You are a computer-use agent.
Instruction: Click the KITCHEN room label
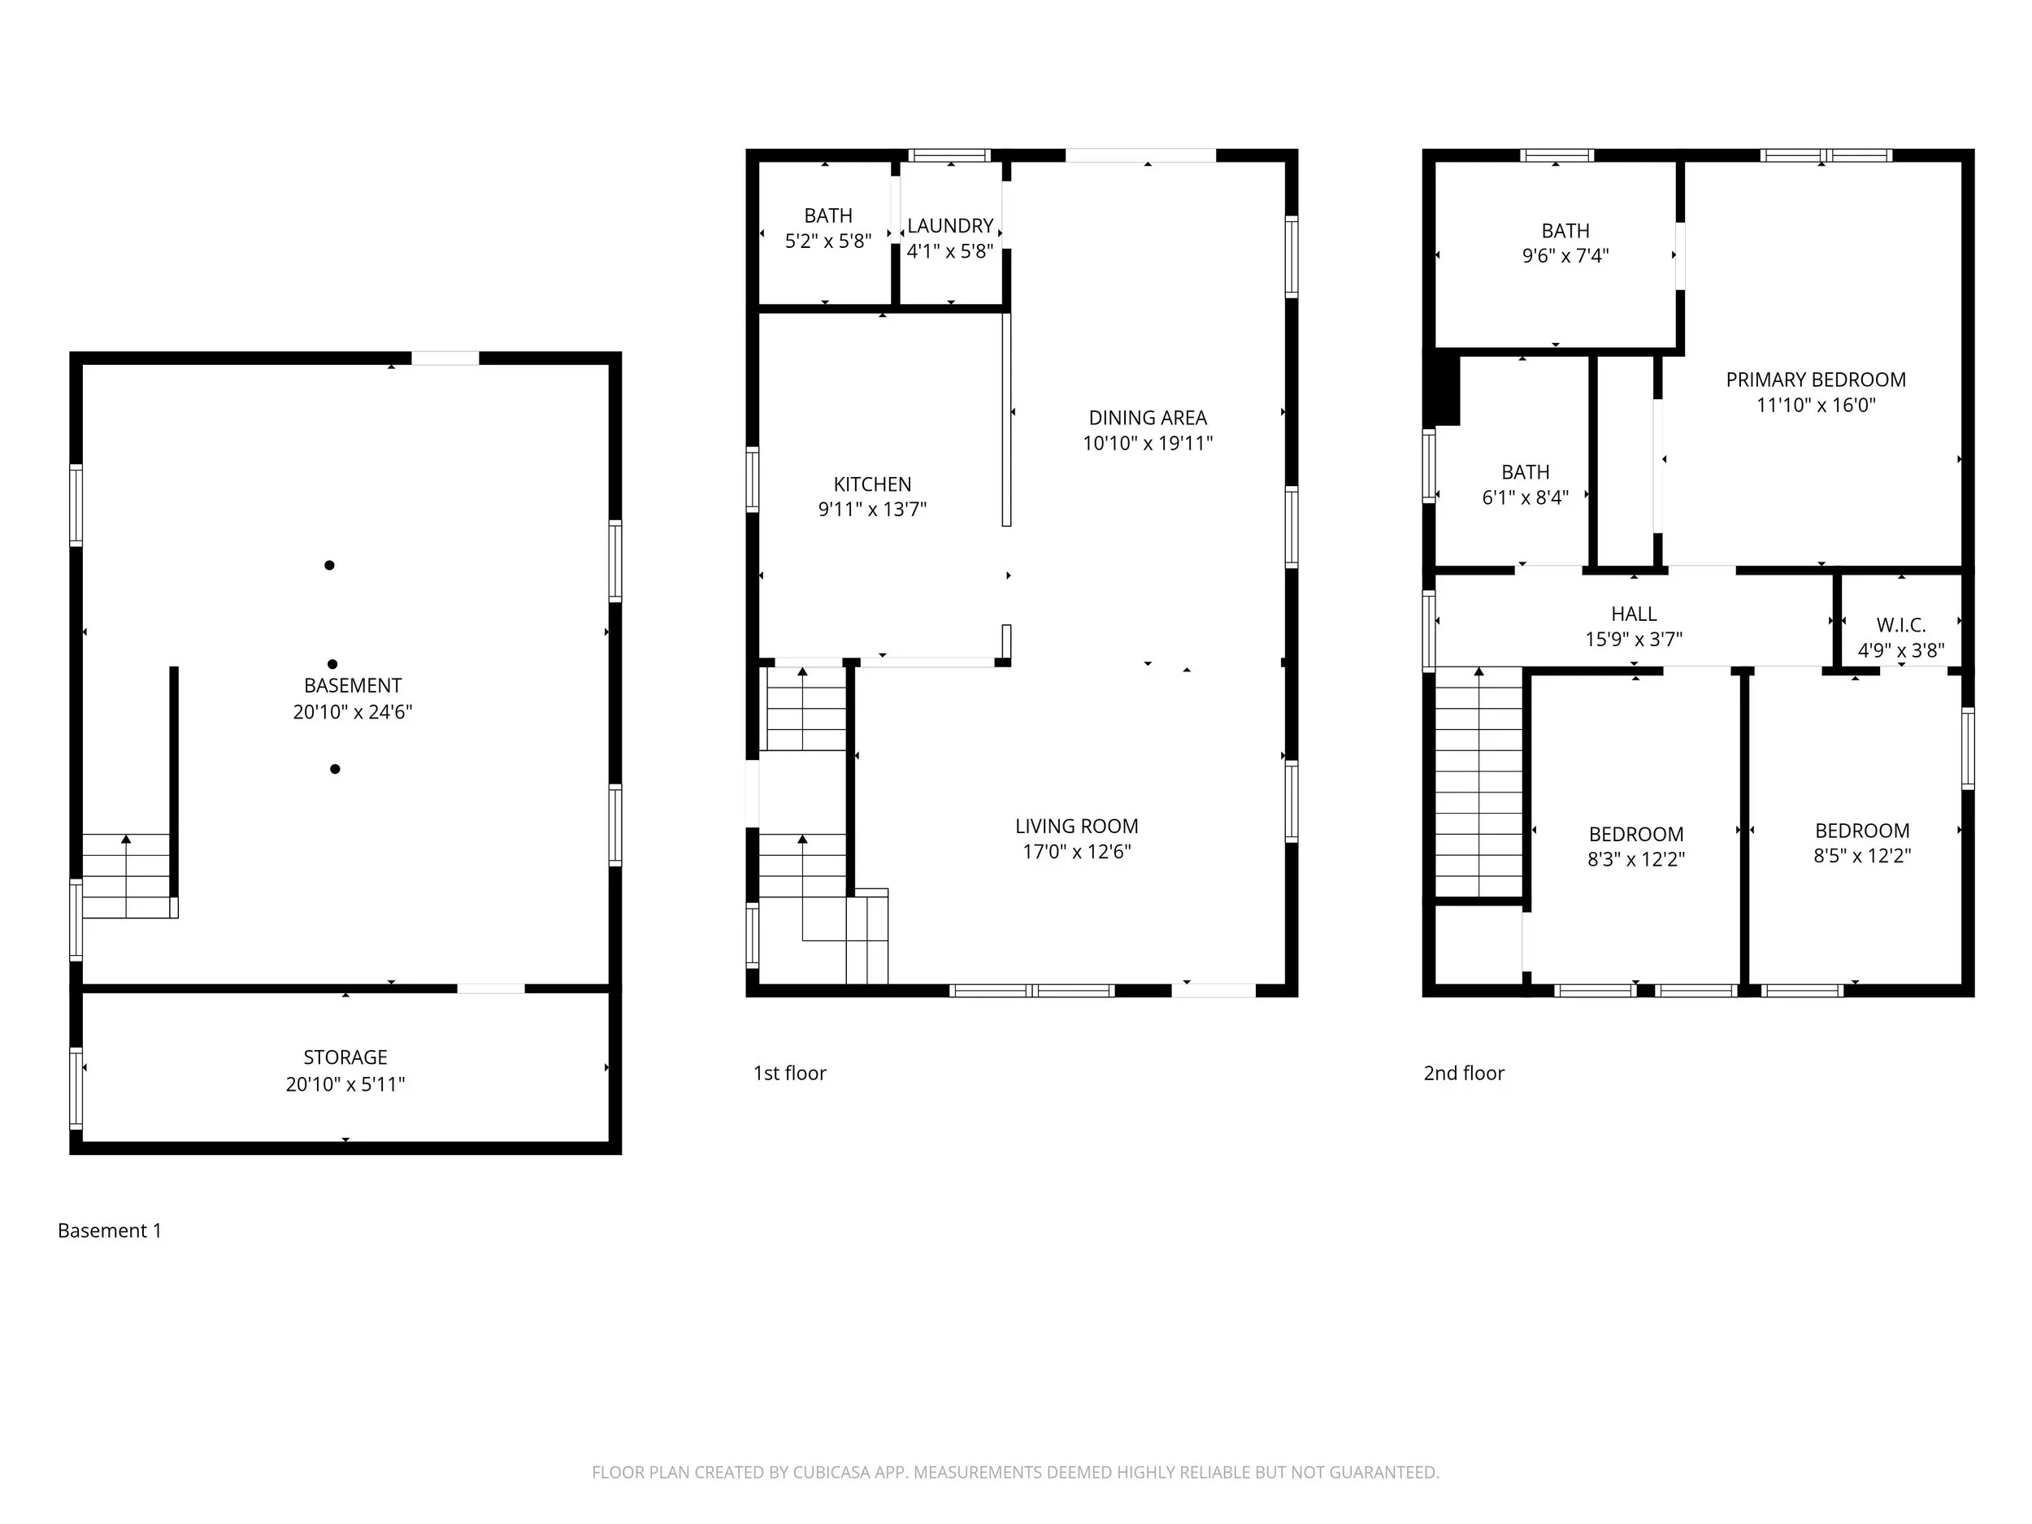click(x=872, y=484)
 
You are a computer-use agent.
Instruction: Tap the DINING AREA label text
click(x=1148, y=418)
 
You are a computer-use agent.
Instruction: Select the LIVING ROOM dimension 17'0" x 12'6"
click(x=1077, y=852)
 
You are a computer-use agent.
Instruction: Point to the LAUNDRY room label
click(x=950, y=226)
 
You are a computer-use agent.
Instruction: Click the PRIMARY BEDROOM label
click(x=1815, y=380)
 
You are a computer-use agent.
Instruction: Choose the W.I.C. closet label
click(x=1900, y=626)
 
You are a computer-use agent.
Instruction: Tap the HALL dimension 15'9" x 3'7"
click(x=1633, y=640)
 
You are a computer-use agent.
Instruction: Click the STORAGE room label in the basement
click(x=345, y=1057)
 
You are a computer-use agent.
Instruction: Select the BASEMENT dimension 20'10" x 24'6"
click(x=353, y=712)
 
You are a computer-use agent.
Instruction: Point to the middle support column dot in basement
click(x=332, y=664)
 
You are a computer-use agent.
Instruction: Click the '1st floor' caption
click(x=790, y=1073)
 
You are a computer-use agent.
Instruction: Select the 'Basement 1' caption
click(x=109, y=1231)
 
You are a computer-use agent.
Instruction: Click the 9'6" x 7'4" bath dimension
click(x=1565, y=256)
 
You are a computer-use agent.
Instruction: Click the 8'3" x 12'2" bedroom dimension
click(x=1636, y=860)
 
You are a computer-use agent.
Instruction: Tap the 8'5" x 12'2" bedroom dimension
click(x=1862, y=856)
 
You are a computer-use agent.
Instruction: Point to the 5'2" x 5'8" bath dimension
click(x=827, y=241)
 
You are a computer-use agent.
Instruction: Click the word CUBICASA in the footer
click(x=832, y=1473)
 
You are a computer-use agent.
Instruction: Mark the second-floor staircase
click(x=1479, y=783)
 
